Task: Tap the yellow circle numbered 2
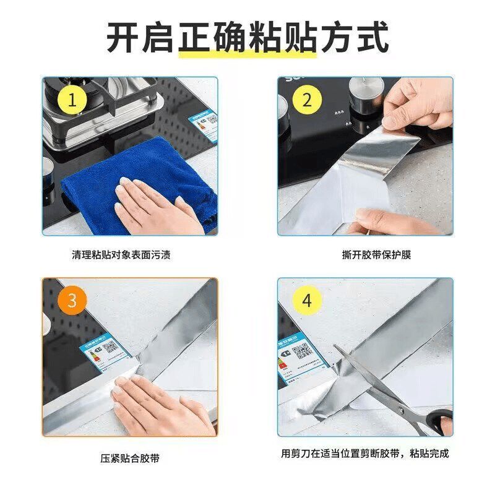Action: pyautogui.click(x=307, y=101)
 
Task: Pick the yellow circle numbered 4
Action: pyautogui.click(x=307, y=301)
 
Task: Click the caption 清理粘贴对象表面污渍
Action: pyautogui.click(x=129, y=254)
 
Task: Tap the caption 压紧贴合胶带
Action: pyautogui.click(x=129, y=458)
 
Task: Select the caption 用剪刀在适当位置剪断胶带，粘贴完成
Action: pyautogui.click(x=364, y=454)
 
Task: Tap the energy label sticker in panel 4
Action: pyautogui.click(x=299, y=359)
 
